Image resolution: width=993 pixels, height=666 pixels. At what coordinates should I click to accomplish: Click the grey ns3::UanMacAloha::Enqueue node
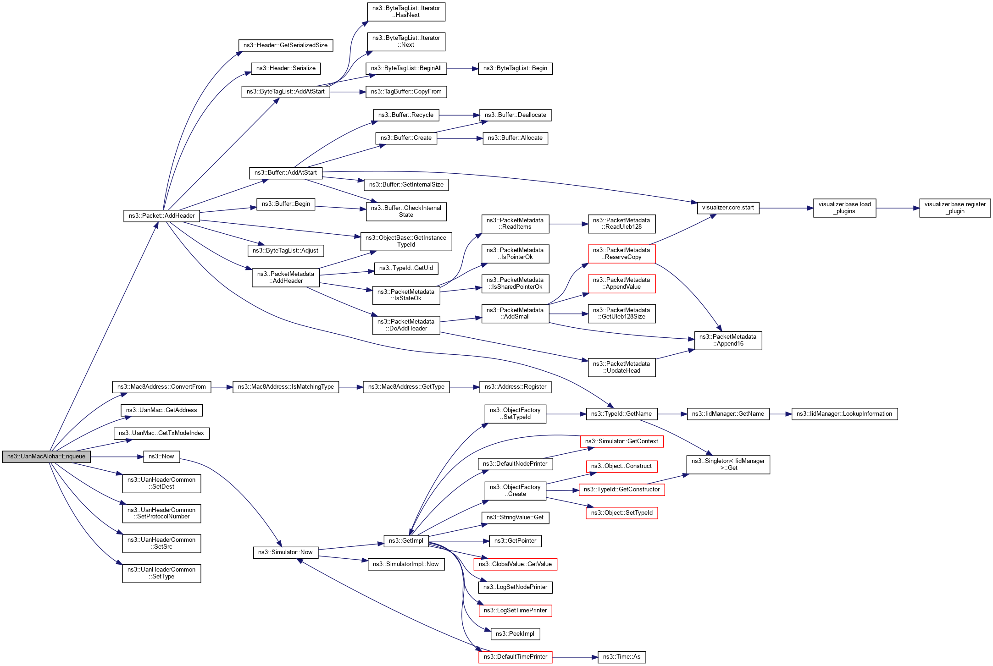(x=46, y=457)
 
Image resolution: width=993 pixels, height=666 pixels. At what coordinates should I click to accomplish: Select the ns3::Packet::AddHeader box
(x=161, y=216)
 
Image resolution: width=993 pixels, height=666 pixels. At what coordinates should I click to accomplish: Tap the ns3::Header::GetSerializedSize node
(x=285, y=45)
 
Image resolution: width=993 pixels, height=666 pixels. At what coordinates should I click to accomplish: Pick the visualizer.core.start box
(x=728, y=208)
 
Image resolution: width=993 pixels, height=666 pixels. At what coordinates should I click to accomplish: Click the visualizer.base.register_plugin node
(x=955, y=208)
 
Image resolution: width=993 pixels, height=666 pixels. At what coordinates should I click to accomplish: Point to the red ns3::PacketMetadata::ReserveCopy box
(x=621, y=253)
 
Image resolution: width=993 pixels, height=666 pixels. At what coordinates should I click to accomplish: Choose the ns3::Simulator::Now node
(x=285, y=552)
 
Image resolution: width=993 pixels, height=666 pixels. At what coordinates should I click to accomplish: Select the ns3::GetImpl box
(x=406, y=541)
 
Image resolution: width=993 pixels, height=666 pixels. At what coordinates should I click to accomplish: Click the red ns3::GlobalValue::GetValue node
(x=515, y=564)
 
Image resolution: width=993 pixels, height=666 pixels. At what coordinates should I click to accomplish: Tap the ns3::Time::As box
(x=621, y=657)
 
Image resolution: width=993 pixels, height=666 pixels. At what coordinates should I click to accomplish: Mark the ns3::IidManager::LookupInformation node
(x=844, y=414)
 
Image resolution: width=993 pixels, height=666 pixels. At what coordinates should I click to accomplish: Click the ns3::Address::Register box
(x=515, y=387)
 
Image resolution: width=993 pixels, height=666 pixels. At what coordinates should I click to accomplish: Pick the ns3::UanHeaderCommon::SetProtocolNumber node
(x=161, y=513)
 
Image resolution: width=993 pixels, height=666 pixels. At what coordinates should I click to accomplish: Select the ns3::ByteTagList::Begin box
(x=515, y=68)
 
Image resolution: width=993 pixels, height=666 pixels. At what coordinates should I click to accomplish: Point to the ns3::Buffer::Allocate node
(x=515, y=138)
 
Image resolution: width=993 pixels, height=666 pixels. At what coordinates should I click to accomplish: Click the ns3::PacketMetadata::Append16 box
(x=728, y=340)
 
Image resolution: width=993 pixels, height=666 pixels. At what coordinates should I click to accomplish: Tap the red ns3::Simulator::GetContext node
(x=621, y=441)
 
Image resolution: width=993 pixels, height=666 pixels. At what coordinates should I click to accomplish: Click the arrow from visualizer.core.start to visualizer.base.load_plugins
(x=786, y=208)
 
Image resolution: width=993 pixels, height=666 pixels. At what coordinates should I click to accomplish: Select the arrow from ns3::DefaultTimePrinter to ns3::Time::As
(x=575, y=657)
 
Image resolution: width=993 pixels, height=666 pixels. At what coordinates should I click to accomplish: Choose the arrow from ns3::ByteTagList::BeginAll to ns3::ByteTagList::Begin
(x=462, y=69)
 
